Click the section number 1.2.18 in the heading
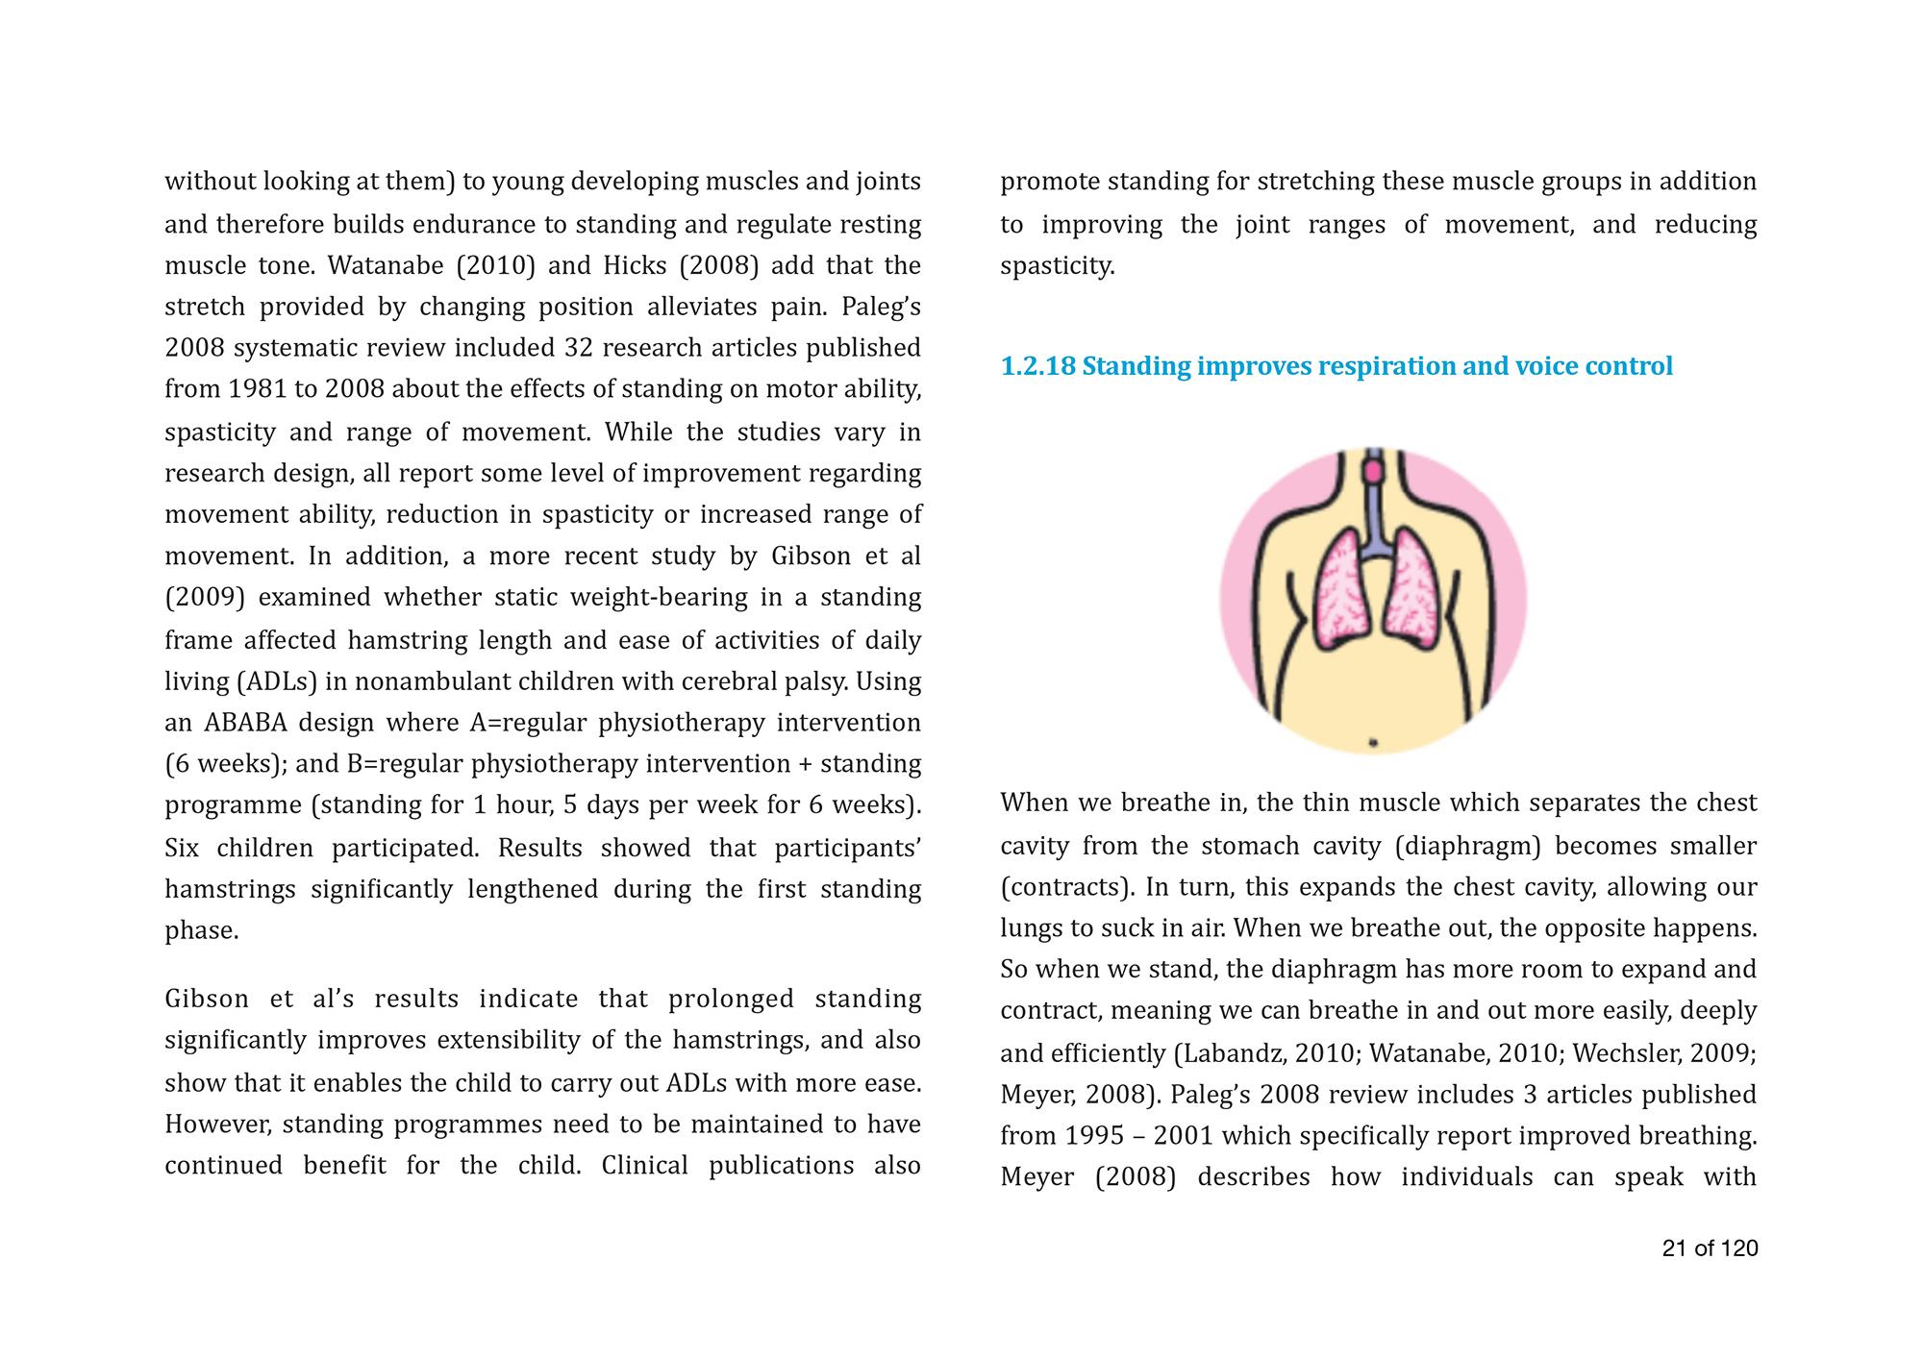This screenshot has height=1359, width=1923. tap(1037, 367)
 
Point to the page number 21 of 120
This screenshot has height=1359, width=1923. tap(1710, 1248)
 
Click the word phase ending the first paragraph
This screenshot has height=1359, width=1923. tap(201, 931)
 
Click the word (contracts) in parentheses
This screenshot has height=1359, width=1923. tap(1061, 887)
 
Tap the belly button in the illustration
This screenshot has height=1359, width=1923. tap(1373, 742)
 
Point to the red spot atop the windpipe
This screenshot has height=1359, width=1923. tap(1374, 470)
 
